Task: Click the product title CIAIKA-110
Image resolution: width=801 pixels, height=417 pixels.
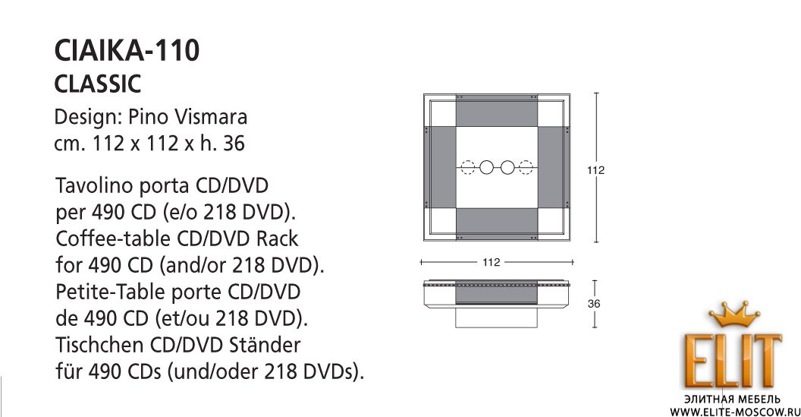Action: click(127, 50)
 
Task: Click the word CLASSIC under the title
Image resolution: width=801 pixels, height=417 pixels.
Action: click(98, 84)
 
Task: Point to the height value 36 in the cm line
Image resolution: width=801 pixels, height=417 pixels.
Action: click(234, 144)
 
